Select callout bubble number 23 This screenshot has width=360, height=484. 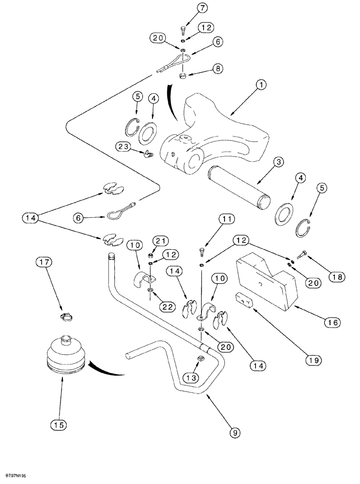[123, 146]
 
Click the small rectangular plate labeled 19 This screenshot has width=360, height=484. [244, 300]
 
